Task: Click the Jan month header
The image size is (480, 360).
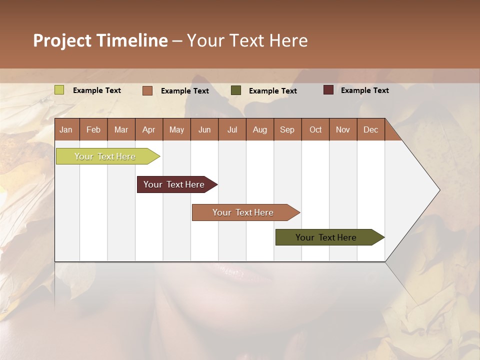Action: tap(66, 129)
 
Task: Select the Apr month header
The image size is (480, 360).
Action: tap(148, 129)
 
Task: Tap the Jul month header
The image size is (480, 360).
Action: tap(232, 129)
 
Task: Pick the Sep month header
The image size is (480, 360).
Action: tap(287, 129)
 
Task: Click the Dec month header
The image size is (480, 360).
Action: tap(370, 129)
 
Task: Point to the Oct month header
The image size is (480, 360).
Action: tap(315, 129)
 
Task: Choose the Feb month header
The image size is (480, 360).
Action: tap(93, 129)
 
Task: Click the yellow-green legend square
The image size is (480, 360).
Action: tap(59, 90)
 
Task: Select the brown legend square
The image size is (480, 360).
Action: tap(147, 90)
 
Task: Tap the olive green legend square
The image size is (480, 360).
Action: tap(235, 90)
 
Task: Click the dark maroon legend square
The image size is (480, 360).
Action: tap(328, 90)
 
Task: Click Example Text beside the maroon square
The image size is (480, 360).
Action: tap(364, 90)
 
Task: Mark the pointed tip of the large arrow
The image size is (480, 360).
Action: tap(439, 190)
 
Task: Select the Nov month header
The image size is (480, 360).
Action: tap(342, 129)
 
